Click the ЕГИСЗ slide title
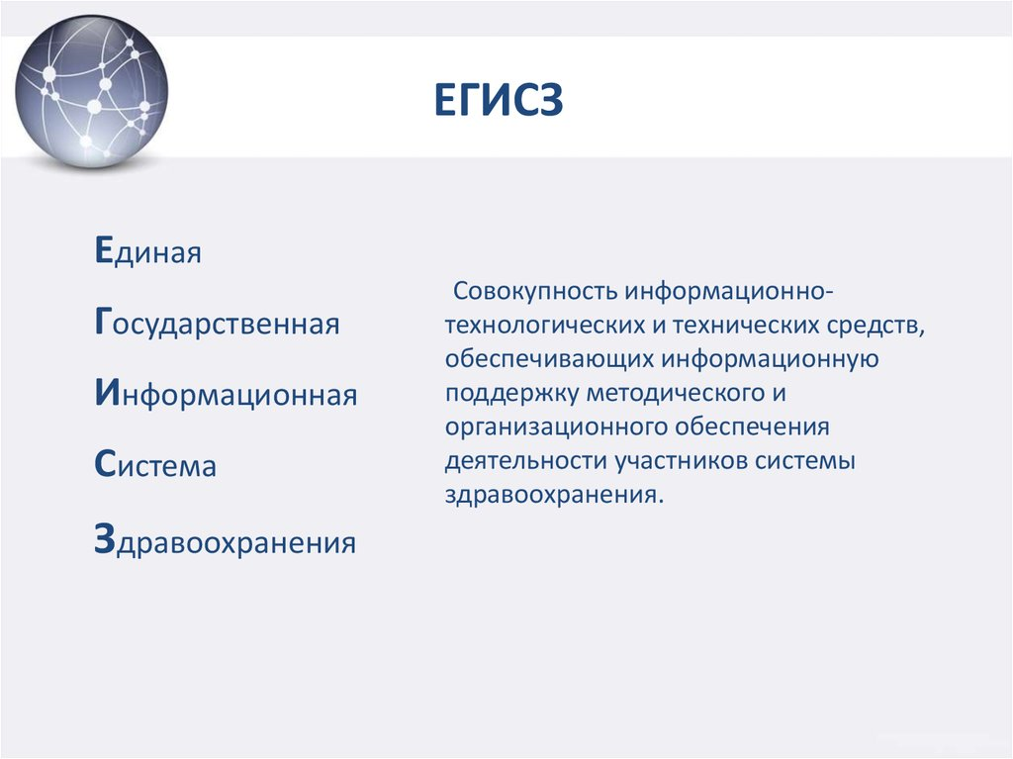[x=499, y=100]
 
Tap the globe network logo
[x=92, y=90]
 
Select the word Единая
[x=148, y=250]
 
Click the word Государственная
[x=217, y=322]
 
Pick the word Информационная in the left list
[x=227, y=393]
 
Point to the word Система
[x=155, y=464]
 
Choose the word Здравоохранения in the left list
[x=225, y=540]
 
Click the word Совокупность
[x=535, y=292]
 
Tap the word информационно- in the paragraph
[x=729, y=292]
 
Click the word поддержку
[x=511, y=393]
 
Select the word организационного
[x=556, y=427]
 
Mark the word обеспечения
[x=753, y=427]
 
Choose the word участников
[x=681, y=461]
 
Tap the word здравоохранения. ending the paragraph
[x=554, y=495]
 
